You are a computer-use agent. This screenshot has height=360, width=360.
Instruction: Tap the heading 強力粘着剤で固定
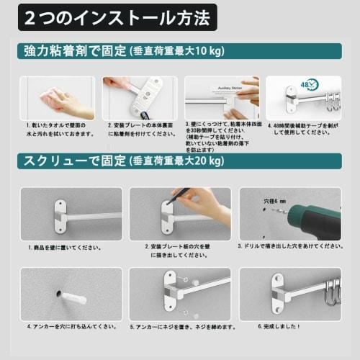(71, 53)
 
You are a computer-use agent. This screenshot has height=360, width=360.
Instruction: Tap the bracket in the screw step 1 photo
(60, 215)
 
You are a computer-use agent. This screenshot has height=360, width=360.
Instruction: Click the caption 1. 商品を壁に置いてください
(60, 247)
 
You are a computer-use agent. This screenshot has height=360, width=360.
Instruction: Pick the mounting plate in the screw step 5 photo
(171, 292)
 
